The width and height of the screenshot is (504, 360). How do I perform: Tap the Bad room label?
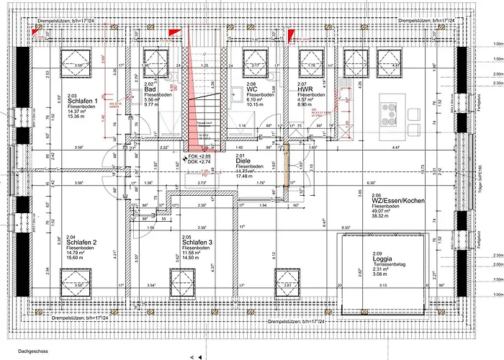[x=150, y=89]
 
